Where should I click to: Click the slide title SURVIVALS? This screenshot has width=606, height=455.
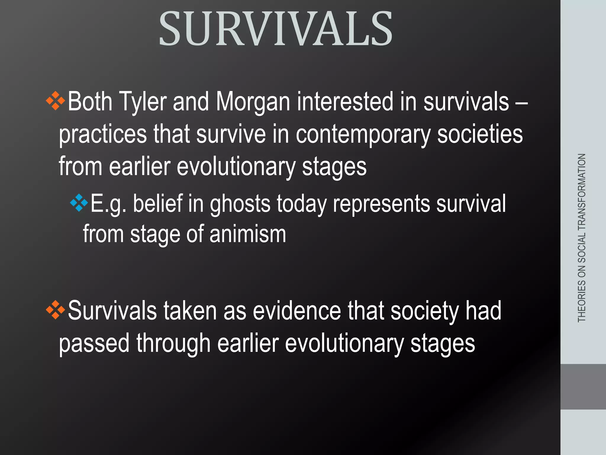click(275, 29)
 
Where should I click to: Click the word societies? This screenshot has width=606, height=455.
click(480, 134)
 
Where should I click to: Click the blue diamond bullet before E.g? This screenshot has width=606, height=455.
click(79, 203)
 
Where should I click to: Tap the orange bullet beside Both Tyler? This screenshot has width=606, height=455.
click(55, 101)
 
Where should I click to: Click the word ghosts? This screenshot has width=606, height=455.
click(240, 204)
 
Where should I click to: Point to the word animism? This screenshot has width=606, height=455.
click(248, 234)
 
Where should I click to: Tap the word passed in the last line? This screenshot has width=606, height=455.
click(94, 343)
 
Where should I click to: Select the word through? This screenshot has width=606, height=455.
click(173, 343)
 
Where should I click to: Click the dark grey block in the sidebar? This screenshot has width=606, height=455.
click(583, 387)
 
